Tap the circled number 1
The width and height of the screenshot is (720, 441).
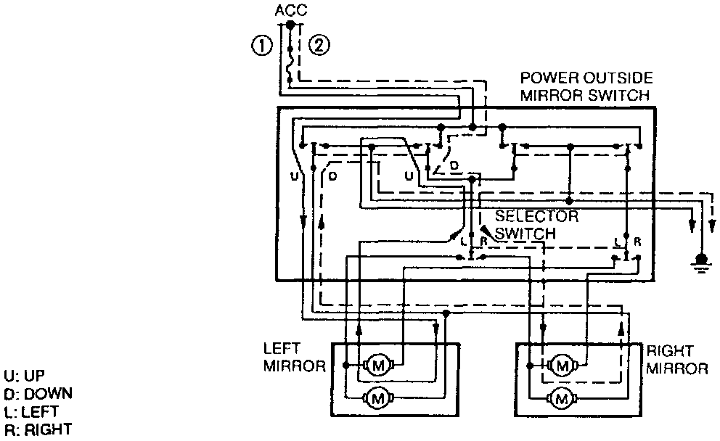coord(261,46)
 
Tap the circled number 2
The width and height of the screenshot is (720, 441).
coord(319,46)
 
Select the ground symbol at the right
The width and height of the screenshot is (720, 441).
coord(700,260)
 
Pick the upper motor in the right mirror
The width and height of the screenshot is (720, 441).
coord(561,364)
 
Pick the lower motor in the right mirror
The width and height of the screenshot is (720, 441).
coord(561,397)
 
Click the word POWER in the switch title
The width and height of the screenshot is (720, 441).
coord(549,78)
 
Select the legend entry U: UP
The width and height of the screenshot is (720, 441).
coord(24,376)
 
